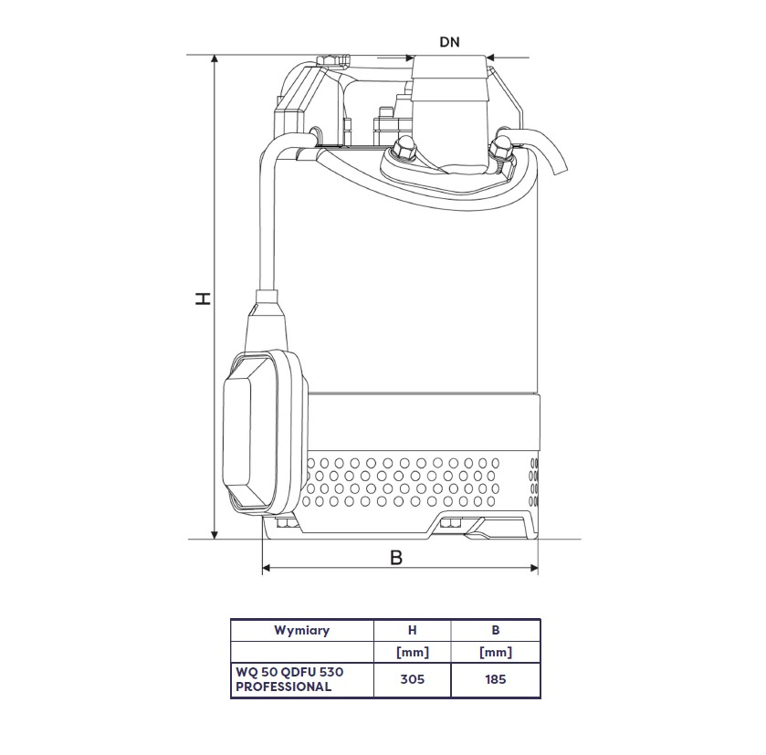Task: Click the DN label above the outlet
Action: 449,42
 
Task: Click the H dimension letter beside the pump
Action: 203,299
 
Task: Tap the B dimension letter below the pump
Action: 396,557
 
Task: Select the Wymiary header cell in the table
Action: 302,630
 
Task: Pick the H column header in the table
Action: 413,630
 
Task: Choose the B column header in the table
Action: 496,630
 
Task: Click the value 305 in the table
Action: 413,679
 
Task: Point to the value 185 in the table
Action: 496,679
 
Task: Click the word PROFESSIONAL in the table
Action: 283,687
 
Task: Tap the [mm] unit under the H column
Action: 413,652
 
